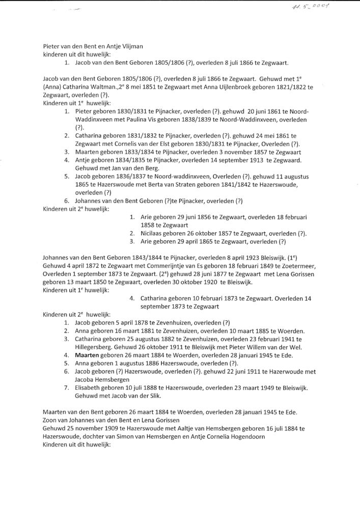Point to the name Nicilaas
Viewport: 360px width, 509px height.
coord(153,233)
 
